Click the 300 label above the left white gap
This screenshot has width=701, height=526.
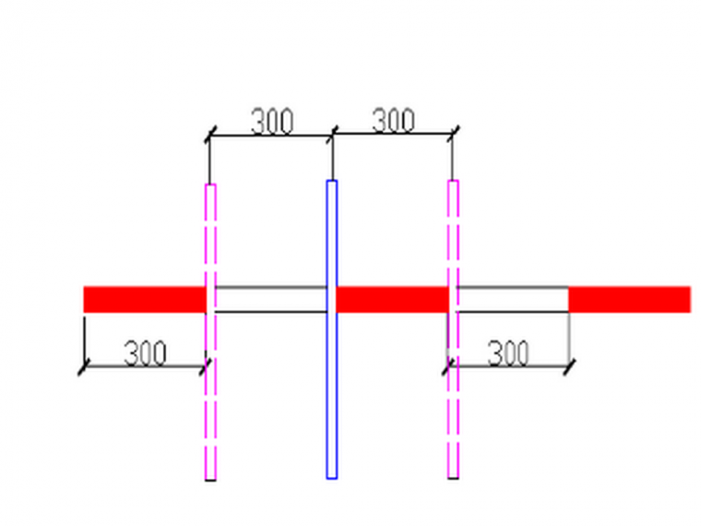tap(272, 121)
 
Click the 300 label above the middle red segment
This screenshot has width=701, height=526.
tap(393, 120)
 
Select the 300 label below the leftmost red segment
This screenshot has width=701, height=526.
tap(145, 353)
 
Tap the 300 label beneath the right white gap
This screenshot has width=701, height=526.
tap(507, 353)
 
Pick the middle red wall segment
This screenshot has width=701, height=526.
tap(393, 299)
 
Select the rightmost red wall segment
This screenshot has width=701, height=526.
tap(629, 299)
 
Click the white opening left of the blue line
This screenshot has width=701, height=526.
tap(270, 299)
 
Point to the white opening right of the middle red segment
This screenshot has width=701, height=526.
tap(512, 299)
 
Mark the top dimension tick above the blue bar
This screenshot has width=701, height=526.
tap(332, 136)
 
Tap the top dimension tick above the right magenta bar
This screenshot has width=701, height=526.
tap(452, 135)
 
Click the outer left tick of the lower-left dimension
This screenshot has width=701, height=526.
tap(84, 367)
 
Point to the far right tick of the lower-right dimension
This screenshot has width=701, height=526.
tap(569, 367)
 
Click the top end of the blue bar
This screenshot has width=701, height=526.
tap(332, 182)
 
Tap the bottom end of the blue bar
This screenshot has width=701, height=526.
tap(332, 476)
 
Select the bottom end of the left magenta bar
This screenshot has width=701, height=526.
tap(210, 478)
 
